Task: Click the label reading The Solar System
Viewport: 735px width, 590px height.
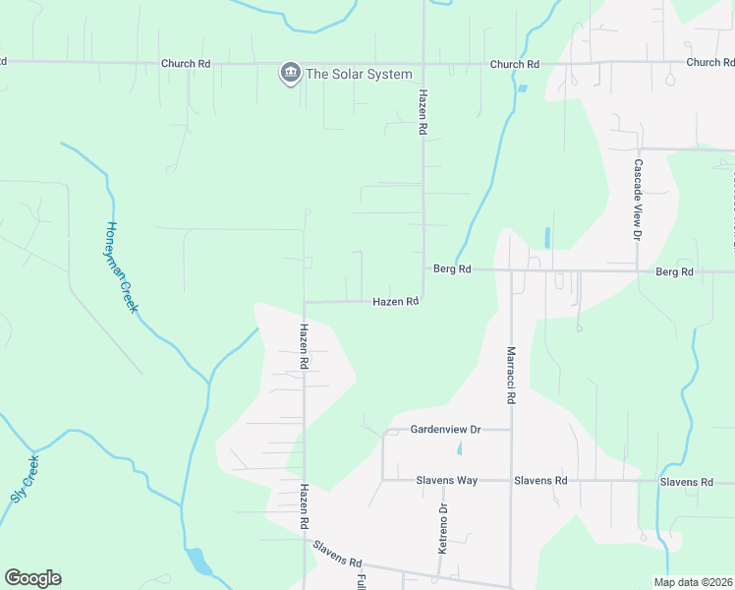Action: (359, 74)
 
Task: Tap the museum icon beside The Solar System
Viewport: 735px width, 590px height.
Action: (290, 73)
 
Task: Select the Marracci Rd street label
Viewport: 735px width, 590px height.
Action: (511, 375)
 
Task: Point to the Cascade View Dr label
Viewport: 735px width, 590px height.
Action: (638, 201)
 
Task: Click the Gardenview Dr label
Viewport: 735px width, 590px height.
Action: (445, 430)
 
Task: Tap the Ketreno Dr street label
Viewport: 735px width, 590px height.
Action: (442, 528)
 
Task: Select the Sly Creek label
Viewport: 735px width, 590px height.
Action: (25, 479)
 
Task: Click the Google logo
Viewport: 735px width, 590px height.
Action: (32, 578)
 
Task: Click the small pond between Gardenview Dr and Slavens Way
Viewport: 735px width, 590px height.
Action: (460, 449)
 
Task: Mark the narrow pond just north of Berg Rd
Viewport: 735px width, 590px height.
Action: (546, 237)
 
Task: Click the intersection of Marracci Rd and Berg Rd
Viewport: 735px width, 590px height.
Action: (511, 269)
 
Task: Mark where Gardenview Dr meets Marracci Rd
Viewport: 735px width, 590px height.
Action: (511, 430)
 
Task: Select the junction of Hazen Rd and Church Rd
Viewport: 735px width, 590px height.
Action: (424, 64)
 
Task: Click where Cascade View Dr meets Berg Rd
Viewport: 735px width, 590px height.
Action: (638, 269)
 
